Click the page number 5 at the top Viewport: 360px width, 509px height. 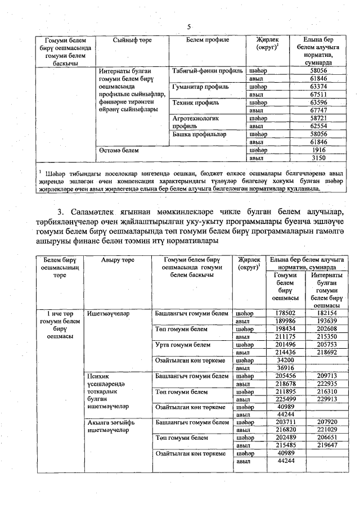tap(190, 26)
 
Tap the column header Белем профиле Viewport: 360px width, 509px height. tap(208, 40)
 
